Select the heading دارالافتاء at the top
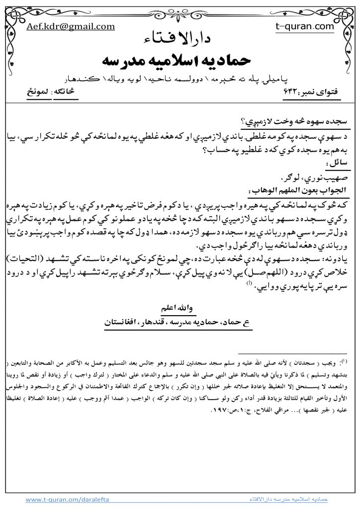tap(180, 40)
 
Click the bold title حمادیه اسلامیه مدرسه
tap(180, 61)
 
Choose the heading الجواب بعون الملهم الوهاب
tap(298, 189)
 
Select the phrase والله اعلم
tap(180, 308)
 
